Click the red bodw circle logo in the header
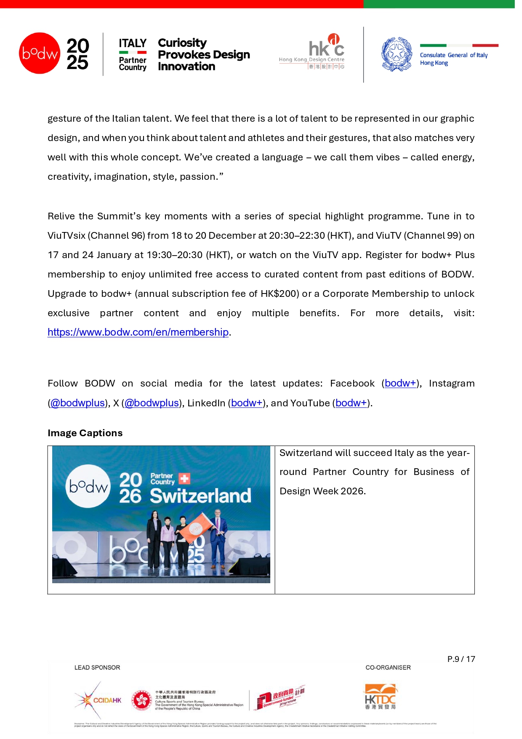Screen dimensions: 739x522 coord(40,53)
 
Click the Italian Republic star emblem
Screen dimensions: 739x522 coord(397,54)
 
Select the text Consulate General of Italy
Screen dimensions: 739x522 coord(453,55)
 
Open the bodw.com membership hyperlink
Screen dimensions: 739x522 coord(138,332)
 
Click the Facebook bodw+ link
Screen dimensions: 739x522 coord(400,383)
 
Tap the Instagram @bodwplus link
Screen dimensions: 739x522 coord(77,403)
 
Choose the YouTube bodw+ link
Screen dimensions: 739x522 coord(351,403)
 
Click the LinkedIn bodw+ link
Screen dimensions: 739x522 coord(247,403)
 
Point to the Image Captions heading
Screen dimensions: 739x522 coord(85,433)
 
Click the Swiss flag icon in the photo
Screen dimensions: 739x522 coord(184,478)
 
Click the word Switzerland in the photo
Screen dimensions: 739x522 coord(200,496)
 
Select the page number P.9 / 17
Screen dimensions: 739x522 coord(461,659)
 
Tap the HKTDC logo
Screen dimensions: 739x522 coord(381,697)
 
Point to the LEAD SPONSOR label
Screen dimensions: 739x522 coord(97,667)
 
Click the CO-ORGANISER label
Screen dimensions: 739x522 coord(388,667)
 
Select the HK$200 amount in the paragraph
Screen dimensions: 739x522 coord(280,293)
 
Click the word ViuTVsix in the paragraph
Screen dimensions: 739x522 coord(67,235)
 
